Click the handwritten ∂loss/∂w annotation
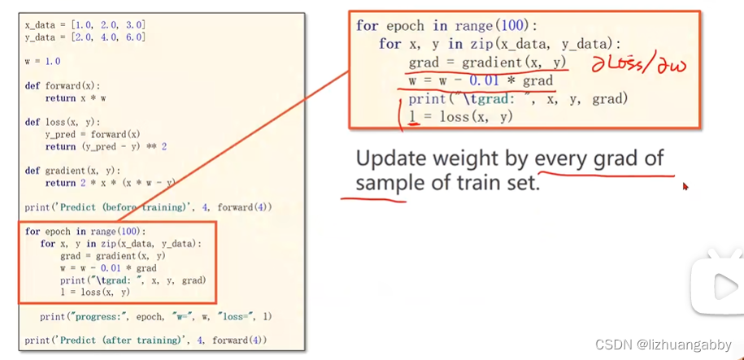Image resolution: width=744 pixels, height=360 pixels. click(x=637, y=65)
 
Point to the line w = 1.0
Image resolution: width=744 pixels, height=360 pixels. click(x=42, y=61)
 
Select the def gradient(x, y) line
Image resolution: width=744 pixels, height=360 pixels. click(x=72, y=171)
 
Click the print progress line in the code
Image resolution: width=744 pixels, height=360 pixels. click(x=155, y=316)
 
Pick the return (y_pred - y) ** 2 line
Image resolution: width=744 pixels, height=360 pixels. click(x=106, y=146)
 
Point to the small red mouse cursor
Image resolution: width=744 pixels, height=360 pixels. click(x=685, y=186)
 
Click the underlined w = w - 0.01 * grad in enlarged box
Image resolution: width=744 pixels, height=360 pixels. click(x=480, y=80)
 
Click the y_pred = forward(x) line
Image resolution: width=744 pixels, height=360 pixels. click(x=92, y=134)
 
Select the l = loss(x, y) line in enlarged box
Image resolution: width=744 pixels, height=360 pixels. click(x=460, y=117)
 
